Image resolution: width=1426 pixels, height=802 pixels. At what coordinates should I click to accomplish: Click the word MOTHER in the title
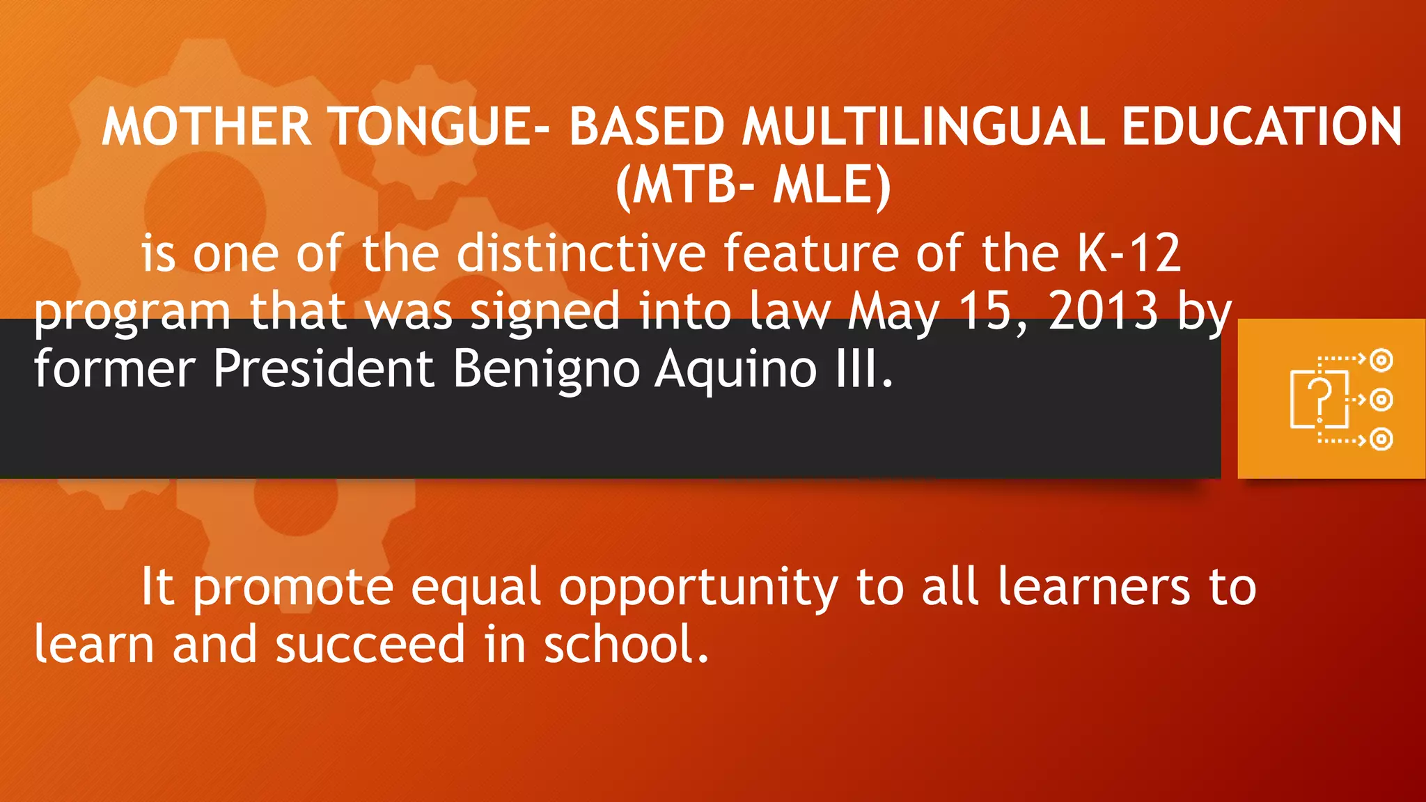[207, 127]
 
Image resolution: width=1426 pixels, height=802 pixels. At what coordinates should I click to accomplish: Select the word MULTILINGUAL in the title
[923, 127]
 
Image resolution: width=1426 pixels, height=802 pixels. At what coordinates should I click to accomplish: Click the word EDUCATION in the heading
[1262, 127]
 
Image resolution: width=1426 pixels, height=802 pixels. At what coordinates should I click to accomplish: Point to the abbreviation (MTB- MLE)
[753, 186]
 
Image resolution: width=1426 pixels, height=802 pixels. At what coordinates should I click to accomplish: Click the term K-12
[1129, 253]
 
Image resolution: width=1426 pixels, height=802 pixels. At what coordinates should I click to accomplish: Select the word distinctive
[581, 253]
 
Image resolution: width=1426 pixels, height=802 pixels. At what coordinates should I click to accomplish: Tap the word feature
[810, 253]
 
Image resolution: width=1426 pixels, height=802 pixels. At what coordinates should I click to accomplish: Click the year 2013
[1103, 310]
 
